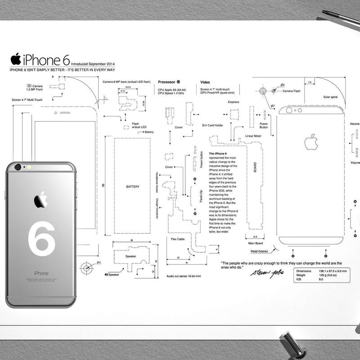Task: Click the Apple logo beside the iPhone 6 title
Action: pyautogui.click(x=16, y=59)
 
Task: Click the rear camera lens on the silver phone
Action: pyautogui.click(x=18, y=167)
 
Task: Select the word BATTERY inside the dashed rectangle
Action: pyautogui.click(x=132, y=186)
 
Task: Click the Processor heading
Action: pyautogui.click(x=166, y=82)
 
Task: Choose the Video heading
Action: pyautogui.click(x=205, y=82)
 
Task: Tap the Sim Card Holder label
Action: pyautogui.click(x=212, y=125)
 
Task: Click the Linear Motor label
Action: pyautogui.click(x=253, y=135)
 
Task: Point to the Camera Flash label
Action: pyautogui.click(x=291, y=91)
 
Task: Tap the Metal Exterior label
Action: pyautogui.click(x=260, y=251)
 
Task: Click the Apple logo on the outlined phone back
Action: pyautogui.click(x=311, y=142)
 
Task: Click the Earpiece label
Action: pyautogui.click(x=234, y=102)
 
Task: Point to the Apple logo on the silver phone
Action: pyautogui.click(x=41, y=199)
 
